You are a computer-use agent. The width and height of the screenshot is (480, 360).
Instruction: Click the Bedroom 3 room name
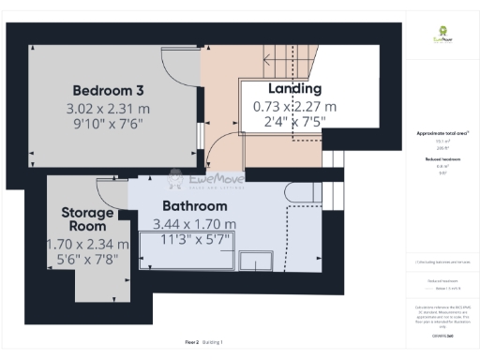click(108, 91)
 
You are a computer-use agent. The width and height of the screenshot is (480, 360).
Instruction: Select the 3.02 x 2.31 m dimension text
click(108, 109)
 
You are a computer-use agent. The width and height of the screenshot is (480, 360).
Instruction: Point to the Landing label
click(294, 89)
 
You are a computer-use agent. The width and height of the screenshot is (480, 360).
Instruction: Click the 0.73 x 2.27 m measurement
click(294, 107)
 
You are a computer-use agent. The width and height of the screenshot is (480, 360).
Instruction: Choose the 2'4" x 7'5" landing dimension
click(294, 123)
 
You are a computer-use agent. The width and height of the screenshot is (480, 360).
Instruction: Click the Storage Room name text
click(87, 219)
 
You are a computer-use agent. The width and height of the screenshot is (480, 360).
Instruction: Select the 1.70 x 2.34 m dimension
click(87, 244)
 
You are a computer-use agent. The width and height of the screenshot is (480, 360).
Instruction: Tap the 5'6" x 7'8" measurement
click(87, 260)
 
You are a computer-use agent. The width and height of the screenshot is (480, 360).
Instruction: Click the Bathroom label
click(194, 206)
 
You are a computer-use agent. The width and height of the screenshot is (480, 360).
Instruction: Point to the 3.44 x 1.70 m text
click(194, 224)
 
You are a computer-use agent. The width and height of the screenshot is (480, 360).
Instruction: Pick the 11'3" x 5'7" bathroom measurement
click(194, 240)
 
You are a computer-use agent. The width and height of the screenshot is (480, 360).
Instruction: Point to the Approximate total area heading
click(442, 134)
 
